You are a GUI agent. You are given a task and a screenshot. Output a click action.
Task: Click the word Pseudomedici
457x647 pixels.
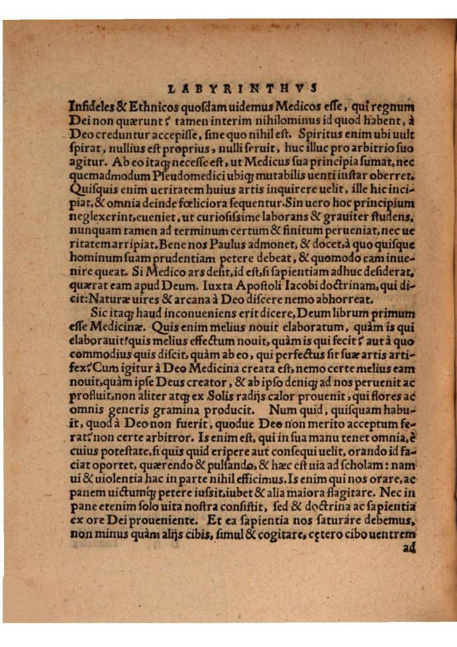tap(167, 176)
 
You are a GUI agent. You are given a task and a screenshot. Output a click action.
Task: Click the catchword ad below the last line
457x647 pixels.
tap(407, 548)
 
